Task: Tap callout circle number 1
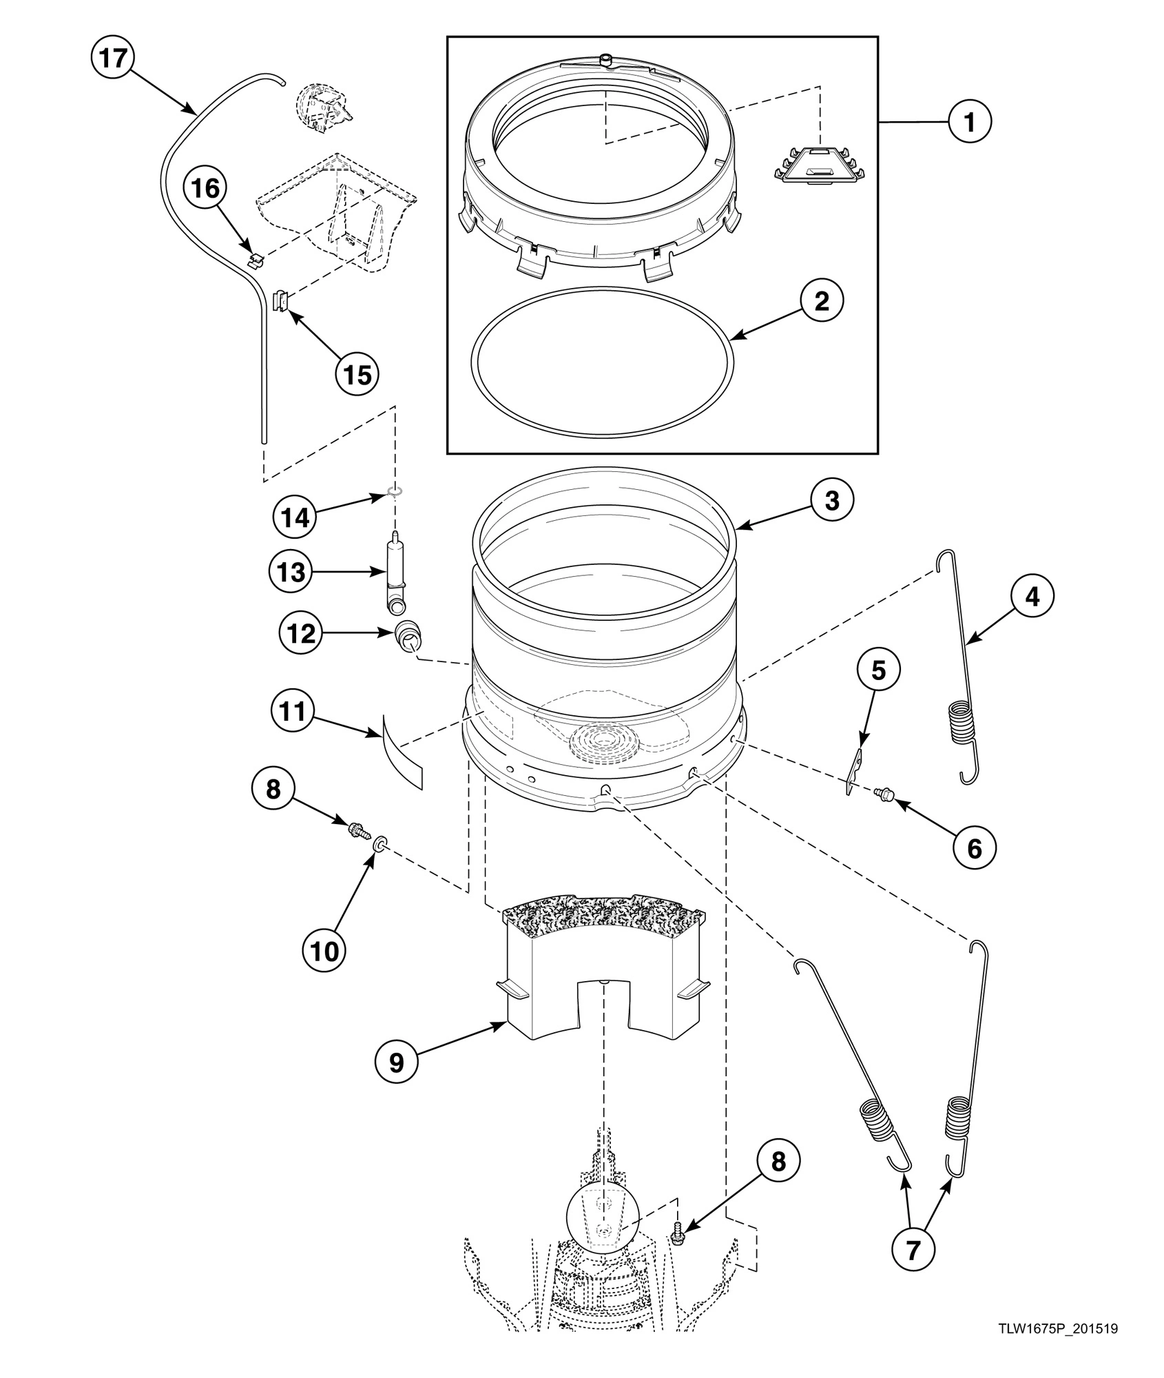pyautogui.click(x=969, y=121)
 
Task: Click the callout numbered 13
pyautogui.click(x=290, y=571)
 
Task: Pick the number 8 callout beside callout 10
pyautogui.click(x=273, y=788)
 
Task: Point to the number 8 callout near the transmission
pyautogui.click(x=778, y=1161)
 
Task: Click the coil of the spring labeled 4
pyautogui.click(x=963, y=722)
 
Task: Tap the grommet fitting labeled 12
pyautogui.click(x=406, y=635)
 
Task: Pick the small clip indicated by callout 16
pyautogui.click(x=256, y=258)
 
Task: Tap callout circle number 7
pyautogui.click(x=913, y=1248)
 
